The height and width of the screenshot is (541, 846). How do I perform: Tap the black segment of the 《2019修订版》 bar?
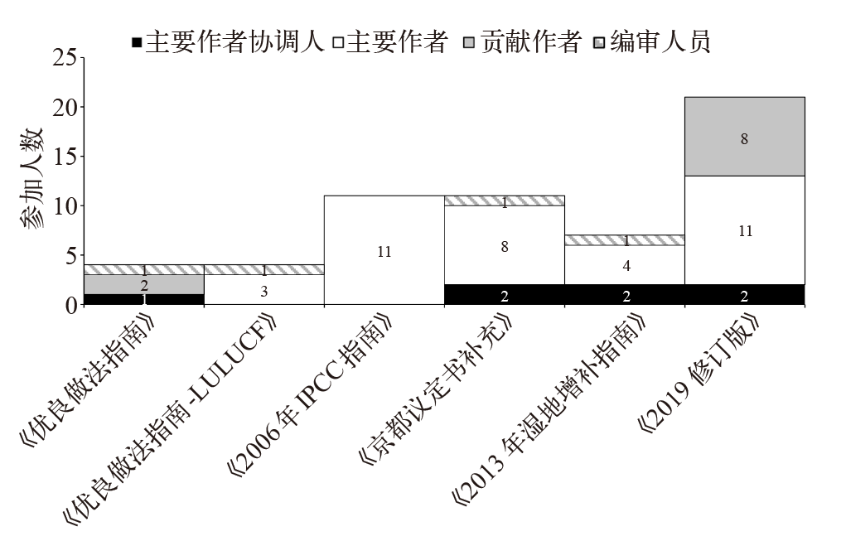coord(744,295)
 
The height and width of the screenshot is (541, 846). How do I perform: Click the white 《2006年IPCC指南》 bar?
coord(384,250)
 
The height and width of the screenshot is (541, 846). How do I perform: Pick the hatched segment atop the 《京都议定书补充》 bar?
coord(505,200)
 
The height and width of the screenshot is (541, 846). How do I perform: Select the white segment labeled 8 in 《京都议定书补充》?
coord(505,245)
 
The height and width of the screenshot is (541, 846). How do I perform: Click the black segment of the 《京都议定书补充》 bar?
coord(505,295)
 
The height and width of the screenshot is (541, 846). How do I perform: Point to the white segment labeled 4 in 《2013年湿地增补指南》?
coord(625,265)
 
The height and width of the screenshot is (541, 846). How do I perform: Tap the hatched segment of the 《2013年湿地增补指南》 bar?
coord(625,240)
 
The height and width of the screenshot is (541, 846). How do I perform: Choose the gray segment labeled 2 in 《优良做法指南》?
coord(144,284)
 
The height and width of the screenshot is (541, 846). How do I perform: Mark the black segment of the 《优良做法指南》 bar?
coord(144,300)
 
